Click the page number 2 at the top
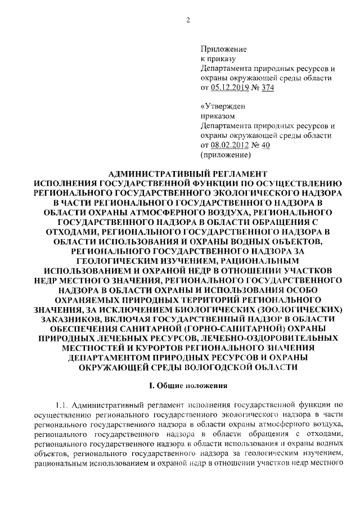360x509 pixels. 189,21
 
